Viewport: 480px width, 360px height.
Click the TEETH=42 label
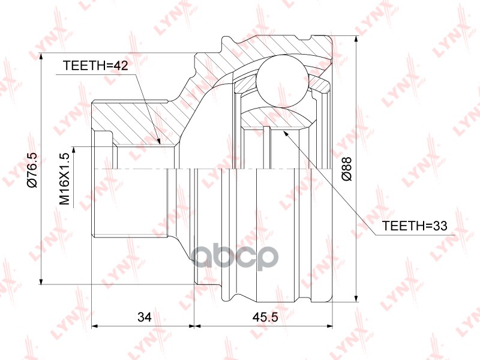[95, 65]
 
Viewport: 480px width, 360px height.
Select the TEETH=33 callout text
[415, 226]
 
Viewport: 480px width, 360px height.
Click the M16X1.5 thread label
[65, 179]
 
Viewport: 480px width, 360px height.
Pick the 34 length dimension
[144, 317]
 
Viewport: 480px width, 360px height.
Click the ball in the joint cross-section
[282, 81]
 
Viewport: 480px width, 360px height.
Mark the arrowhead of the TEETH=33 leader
[285, 133]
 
